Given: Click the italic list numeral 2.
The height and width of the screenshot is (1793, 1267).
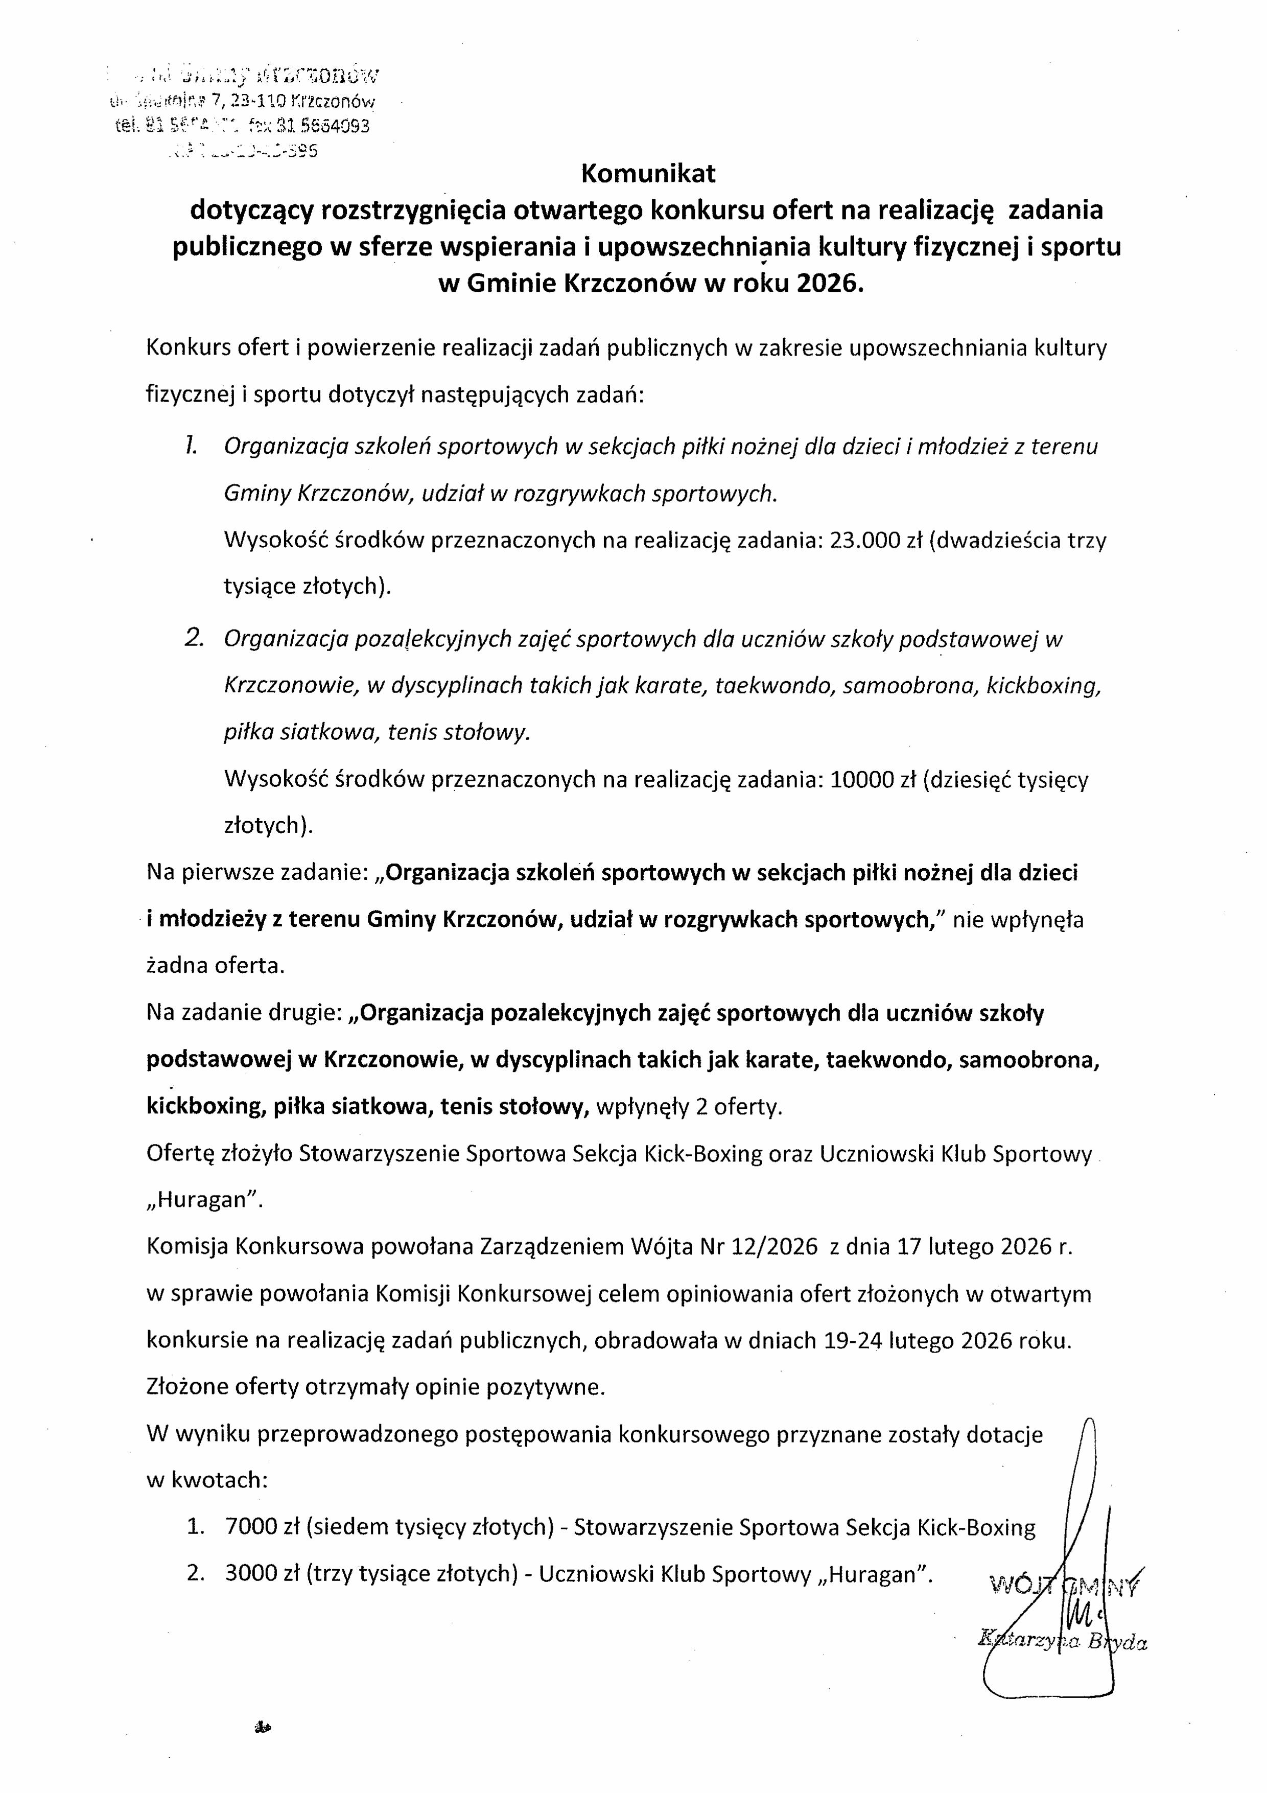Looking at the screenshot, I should click(x=194, y=638).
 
